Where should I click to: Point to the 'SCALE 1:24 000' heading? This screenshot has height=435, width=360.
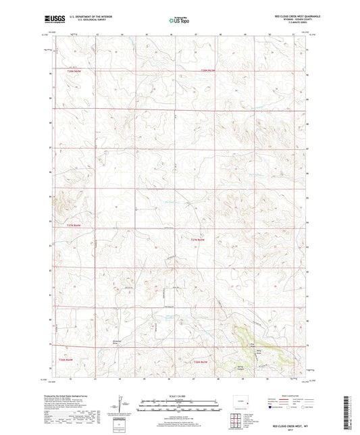pos(179,396)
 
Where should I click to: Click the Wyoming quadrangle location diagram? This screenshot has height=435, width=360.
pos(241,404)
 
